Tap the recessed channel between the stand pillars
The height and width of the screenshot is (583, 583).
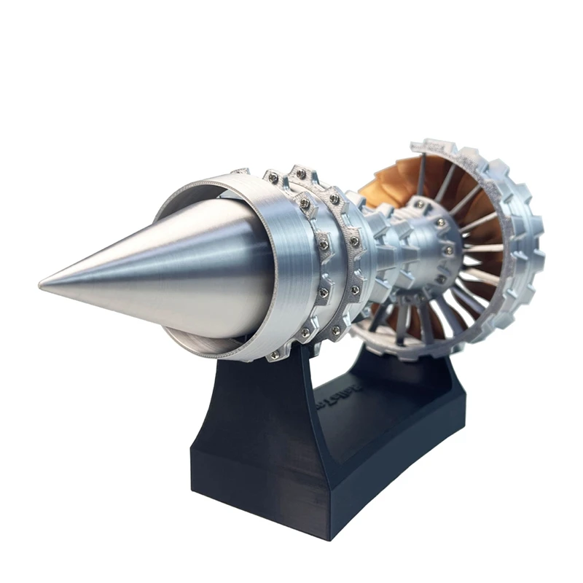pos(350,415)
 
